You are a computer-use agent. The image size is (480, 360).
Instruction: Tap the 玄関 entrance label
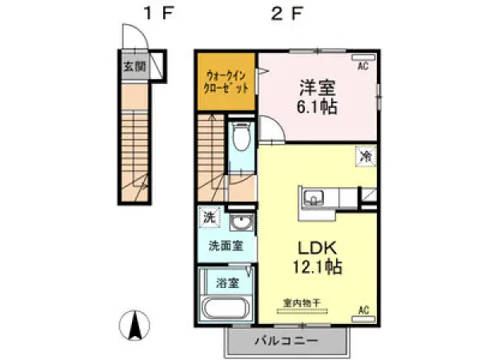tap(133, 66)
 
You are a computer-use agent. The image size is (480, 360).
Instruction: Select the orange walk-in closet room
tap(226, 82)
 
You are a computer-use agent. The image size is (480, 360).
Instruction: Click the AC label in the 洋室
tap(362, 66)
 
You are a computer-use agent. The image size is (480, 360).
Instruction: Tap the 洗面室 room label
tap(226, 246)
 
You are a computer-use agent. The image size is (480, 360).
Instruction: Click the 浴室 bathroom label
tap(228, 282)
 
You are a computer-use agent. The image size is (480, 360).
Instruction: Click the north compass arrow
tap(136, 325)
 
